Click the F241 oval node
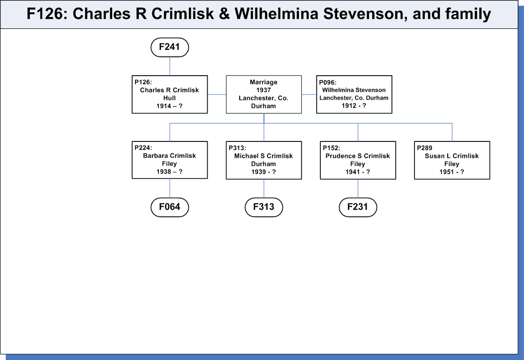pos(170,47)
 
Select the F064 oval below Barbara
pos(170,207)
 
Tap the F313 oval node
pos(263,207)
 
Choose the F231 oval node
pos(358,207)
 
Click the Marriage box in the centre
pos(263,94)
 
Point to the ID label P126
pos(143,82)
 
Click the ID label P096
pos(328,83)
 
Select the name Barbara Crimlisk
pos(169,156)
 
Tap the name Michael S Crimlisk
pos(263,156)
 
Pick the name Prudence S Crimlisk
pos(358,156)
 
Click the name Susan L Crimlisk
pos(451,156)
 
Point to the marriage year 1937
pos(263,90)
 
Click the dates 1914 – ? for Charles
pos(169,106)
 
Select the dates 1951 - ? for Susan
pos(451,172)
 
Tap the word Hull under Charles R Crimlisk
pos(169,98)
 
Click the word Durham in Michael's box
pos(263,164)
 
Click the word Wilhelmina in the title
pos(276,14)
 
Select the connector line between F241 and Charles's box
pos(170,66)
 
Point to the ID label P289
pos(424,148)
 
